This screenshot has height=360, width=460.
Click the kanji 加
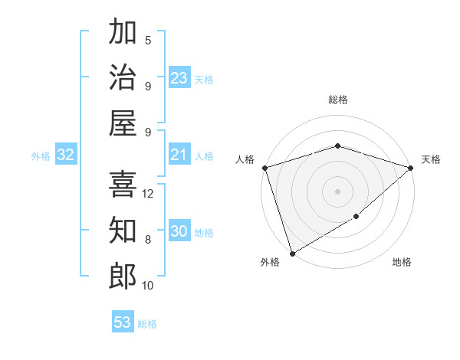[x=123, y=32]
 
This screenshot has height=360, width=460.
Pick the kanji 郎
[x=123, y=276]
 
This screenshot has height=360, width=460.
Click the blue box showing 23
[x=179, y=78]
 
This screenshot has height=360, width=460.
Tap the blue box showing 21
[x=179, y=155]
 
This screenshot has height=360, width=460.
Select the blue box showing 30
[x=179, y=232]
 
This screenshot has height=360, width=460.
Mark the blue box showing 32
[x=66, y=155]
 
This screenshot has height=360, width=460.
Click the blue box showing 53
[x=123, y=322]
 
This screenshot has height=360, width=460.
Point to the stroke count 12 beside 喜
[x=149, y=194]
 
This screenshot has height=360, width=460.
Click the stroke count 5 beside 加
[x=148, y=41]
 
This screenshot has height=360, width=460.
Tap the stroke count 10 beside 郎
[x=148, y=286]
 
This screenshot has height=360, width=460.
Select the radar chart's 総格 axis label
[x=337, y=100]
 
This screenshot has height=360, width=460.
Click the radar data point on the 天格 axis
[x=411, y=168]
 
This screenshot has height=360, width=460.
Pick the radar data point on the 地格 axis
[x=356, y=218]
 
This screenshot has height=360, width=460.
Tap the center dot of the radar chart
[x=337, y=191]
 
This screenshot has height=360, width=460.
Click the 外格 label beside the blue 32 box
[x=41, y=156]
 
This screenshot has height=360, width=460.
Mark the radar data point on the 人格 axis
[x=264, y=168]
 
